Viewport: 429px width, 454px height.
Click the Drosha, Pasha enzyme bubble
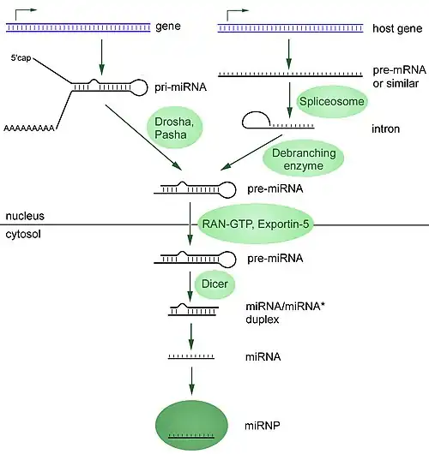175,128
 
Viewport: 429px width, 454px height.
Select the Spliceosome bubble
332,101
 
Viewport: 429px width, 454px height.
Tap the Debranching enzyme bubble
304,158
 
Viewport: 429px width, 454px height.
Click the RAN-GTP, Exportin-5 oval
256,224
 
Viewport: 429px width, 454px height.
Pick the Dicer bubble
214,284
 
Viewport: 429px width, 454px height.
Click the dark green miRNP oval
191,425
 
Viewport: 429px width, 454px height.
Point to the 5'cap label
21,58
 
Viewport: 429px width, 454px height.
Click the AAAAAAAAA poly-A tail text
29,128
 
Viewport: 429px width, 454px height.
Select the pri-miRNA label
180,87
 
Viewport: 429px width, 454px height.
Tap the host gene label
397,28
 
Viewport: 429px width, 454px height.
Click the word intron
386,128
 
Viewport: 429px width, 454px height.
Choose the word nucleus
25,216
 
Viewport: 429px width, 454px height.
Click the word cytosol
23,234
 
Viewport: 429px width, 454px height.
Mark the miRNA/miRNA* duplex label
284,313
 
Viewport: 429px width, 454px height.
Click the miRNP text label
263,426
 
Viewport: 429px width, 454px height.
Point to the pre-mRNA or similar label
400,77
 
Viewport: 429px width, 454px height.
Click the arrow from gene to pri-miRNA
101,57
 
